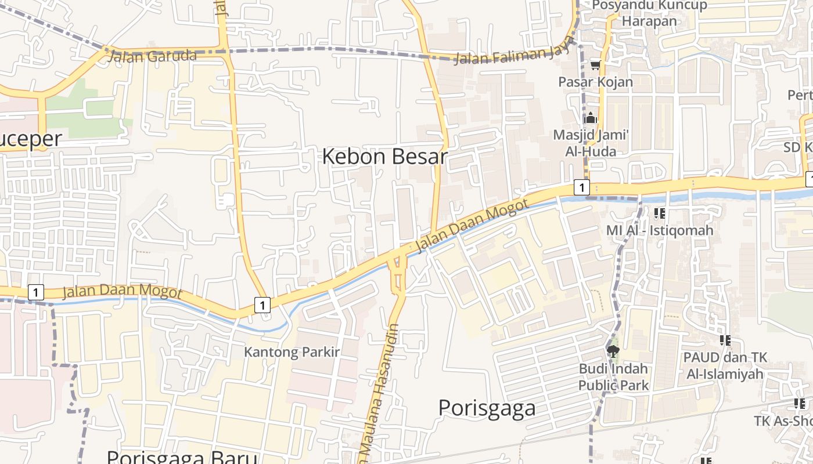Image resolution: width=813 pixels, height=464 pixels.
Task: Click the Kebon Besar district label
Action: coord(384,157)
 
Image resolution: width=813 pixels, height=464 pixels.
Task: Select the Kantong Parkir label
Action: coord(292,352)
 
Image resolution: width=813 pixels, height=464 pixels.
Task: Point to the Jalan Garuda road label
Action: coord(152,56)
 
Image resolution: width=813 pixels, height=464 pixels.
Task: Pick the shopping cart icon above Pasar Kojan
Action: coord(595,65)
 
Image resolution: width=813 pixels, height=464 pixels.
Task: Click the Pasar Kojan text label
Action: coord(595,82)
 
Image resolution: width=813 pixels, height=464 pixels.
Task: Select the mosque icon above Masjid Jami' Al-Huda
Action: coord(591,118)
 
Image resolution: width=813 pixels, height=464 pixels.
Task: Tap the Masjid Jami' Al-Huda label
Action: coord(591,143)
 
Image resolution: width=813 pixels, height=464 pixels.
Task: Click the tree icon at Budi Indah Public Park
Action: coord(613,351)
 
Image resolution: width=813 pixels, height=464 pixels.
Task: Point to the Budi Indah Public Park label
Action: coord(613,376)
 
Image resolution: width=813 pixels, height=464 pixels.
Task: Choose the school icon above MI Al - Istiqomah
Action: coord(659,213)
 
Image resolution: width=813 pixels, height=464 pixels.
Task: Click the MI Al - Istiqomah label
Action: coord(659,230)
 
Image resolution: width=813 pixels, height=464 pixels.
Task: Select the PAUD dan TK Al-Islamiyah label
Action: coord(725,365)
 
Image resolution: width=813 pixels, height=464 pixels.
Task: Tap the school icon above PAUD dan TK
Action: coord(725,340)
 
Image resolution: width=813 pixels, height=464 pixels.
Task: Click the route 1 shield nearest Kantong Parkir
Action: coord(262,304)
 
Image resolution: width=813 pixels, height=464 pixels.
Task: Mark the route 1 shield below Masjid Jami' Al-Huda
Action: coord(581,187)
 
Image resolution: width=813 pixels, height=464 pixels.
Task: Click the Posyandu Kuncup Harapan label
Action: coord(649,13)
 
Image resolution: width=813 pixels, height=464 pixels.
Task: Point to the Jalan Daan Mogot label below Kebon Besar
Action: coord(472,226)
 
